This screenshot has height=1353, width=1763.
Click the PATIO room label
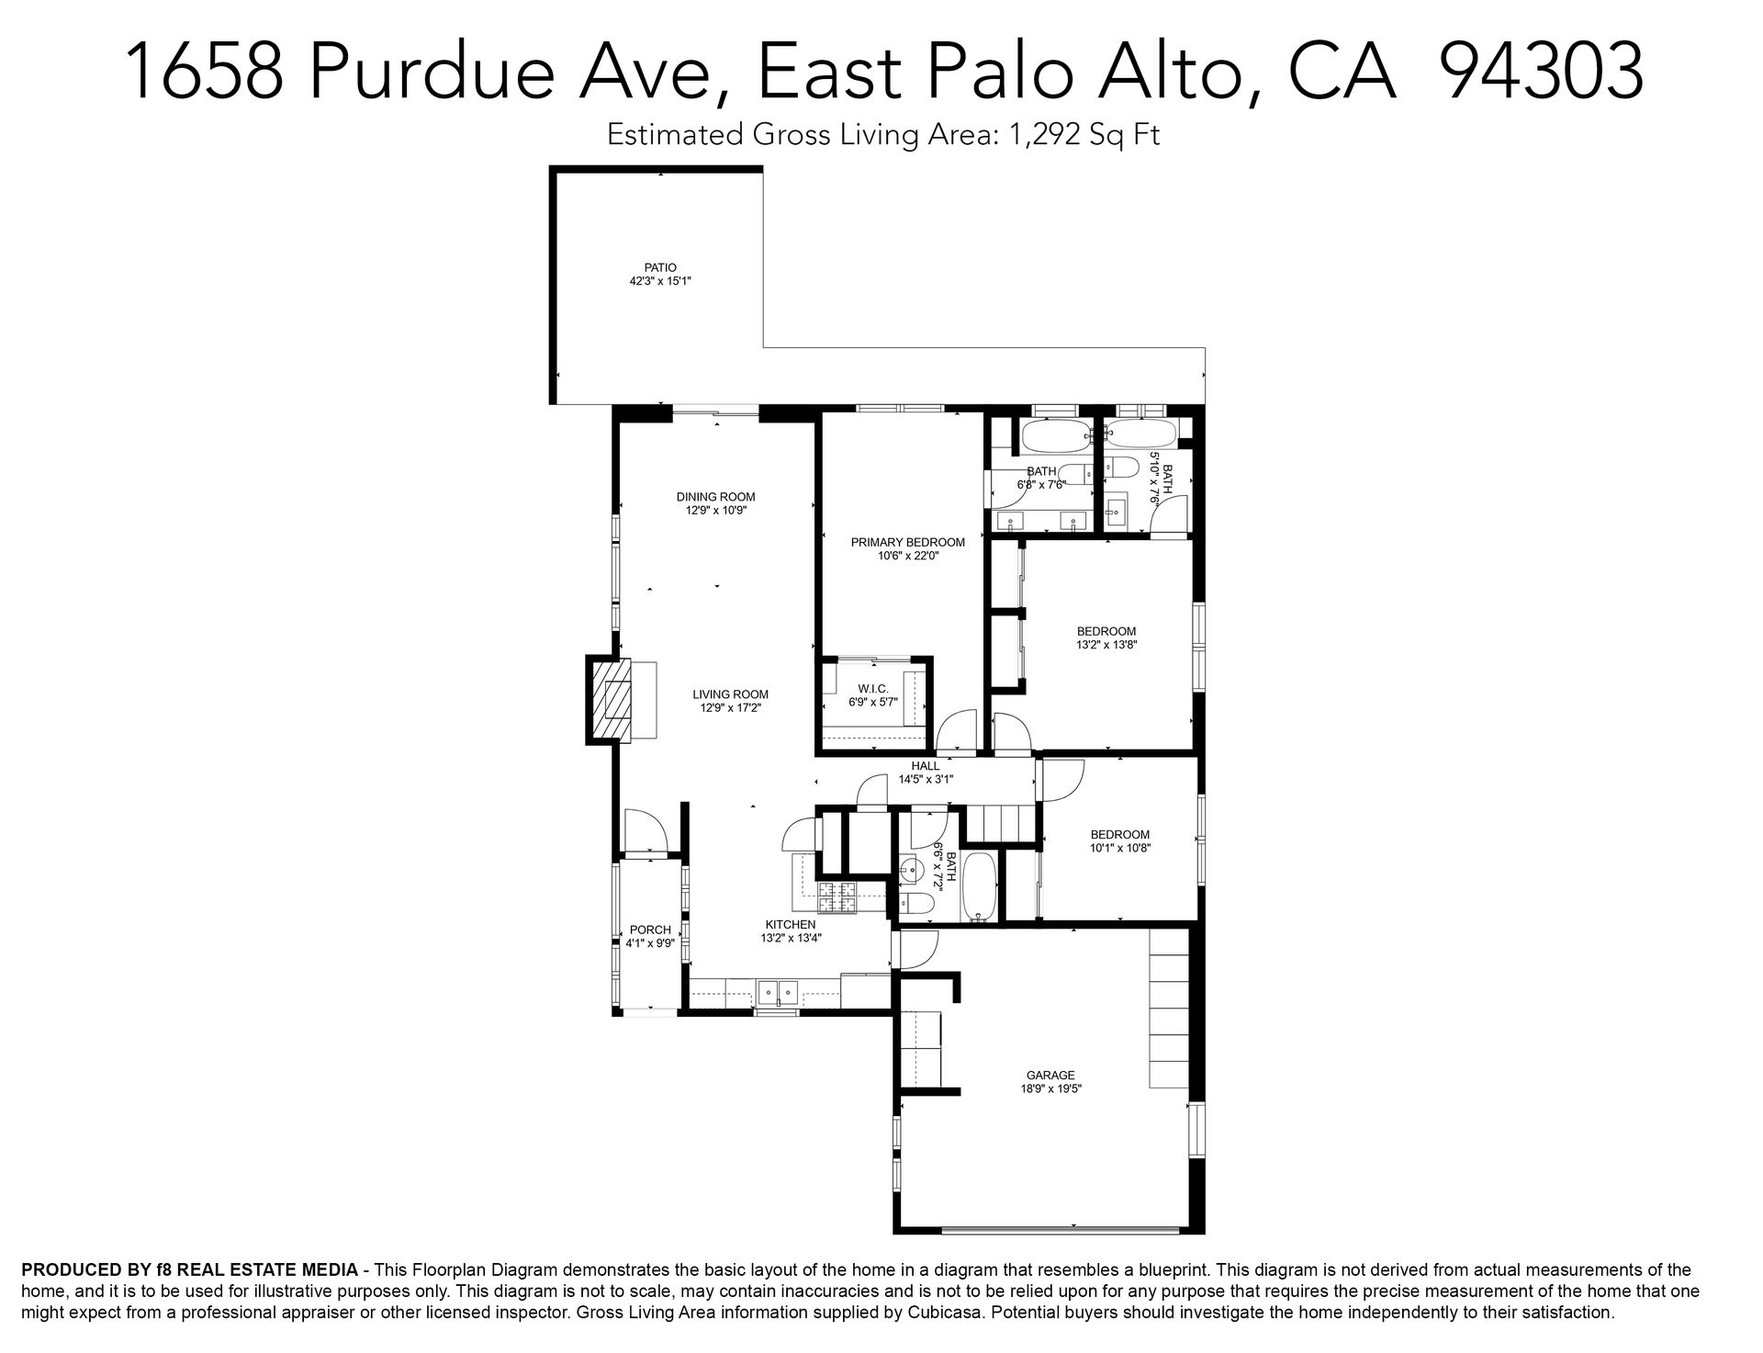[x=659, y=268]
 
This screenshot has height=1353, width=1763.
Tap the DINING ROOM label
[x=715, y=497]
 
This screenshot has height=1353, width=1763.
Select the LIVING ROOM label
[x=730, y=694]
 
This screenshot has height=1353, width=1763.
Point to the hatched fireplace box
[x=612, y=700]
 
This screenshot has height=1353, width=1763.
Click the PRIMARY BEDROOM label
[x=907, y=542]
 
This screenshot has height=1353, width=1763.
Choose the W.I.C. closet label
[x=873, y=689]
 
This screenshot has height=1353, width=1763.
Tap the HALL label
[x=926, y=766]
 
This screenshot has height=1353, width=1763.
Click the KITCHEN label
[x=791, y=925]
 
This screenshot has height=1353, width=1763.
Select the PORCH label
[x=650, y=930]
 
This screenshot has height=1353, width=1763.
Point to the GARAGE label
[x=1050, y=1076]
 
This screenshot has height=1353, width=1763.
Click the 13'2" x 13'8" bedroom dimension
[x=1106, y=645]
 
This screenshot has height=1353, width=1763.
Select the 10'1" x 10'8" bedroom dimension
[x=1119, y=849]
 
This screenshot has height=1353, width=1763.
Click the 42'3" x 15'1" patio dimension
[x=659, y=282]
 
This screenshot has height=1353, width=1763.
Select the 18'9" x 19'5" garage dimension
[x=1050, y=1089]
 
